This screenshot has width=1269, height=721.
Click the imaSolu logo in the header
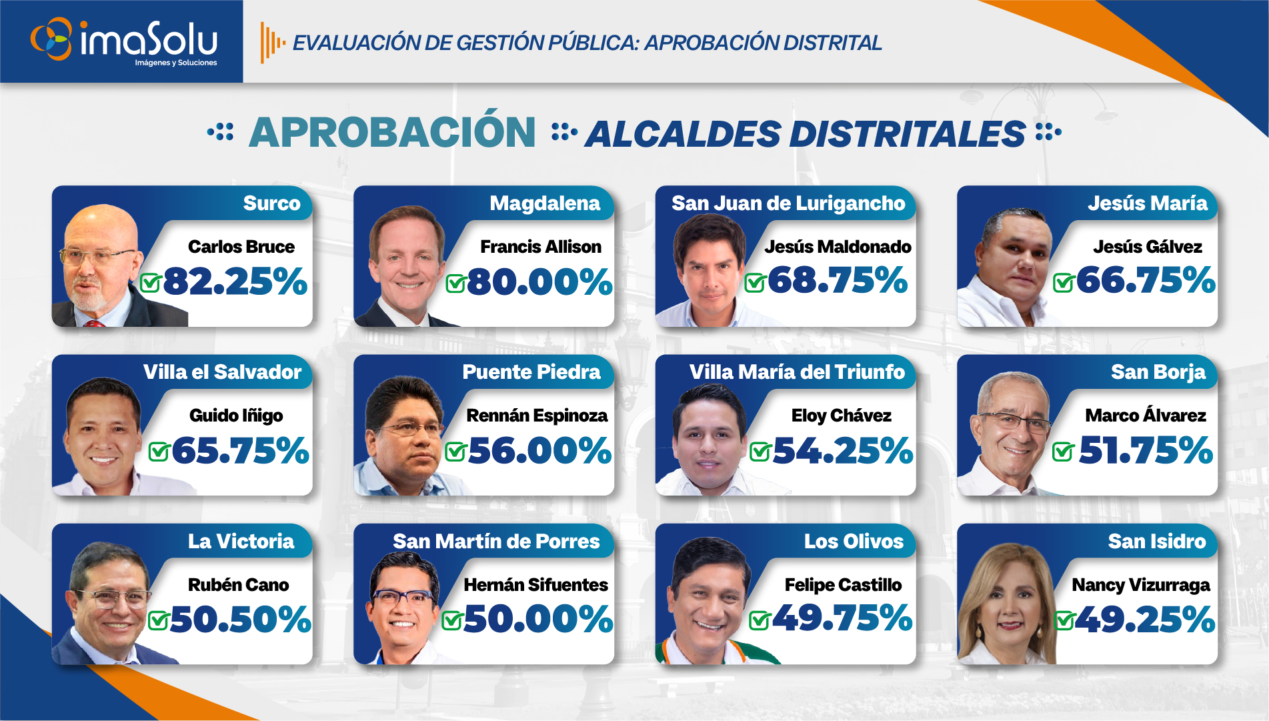click(125, 41)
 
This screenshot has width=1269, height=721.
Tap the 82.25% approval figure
click(235, 281)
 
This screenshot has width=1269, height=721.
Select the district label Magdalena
click(545, 203)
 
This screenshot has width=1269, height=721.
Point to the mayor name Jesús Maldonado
click(838, 247)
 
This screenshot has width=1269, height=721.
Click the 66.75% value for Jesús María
click(1145, 280)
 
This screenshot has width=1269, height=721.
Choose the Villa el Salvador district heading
click(222, 372)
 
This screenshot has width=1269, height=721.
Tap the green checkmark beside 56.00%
click(455, 452)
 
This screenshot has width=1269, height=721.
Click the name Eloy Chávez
click(841, 416)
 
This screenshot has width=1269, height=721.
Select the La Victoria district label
click(241, 541)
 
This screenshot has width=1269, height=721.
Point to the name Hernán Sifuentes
click(535, 585)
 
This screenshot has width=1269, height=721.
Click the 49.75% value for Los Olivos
click(842, 618)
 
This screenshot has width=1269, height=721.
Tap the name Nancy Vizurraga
click(1140, 585)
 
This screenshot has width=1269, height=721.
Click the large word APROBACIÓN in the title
click(392, 132)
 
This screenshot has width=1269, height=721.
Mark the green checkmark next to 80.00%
click(455, 283)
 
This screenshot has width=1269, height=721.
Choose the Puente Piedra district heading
click(531, 372)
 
